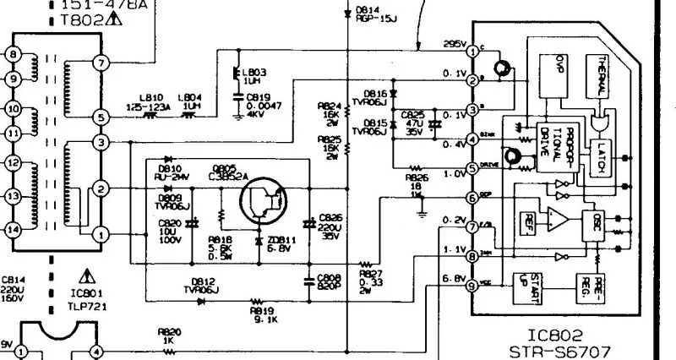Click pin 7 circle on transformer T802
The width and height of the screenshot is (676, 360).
coord(101,63)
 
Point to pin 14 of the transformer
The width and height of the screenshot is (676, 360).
coord(13,229)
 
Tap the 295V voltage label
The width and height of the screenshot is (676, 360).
coord(455,44)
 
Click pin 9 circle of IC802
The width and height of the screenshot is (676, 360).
coord(472,286)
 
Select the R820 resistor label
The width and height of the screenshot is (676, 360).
coord(169,332)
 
